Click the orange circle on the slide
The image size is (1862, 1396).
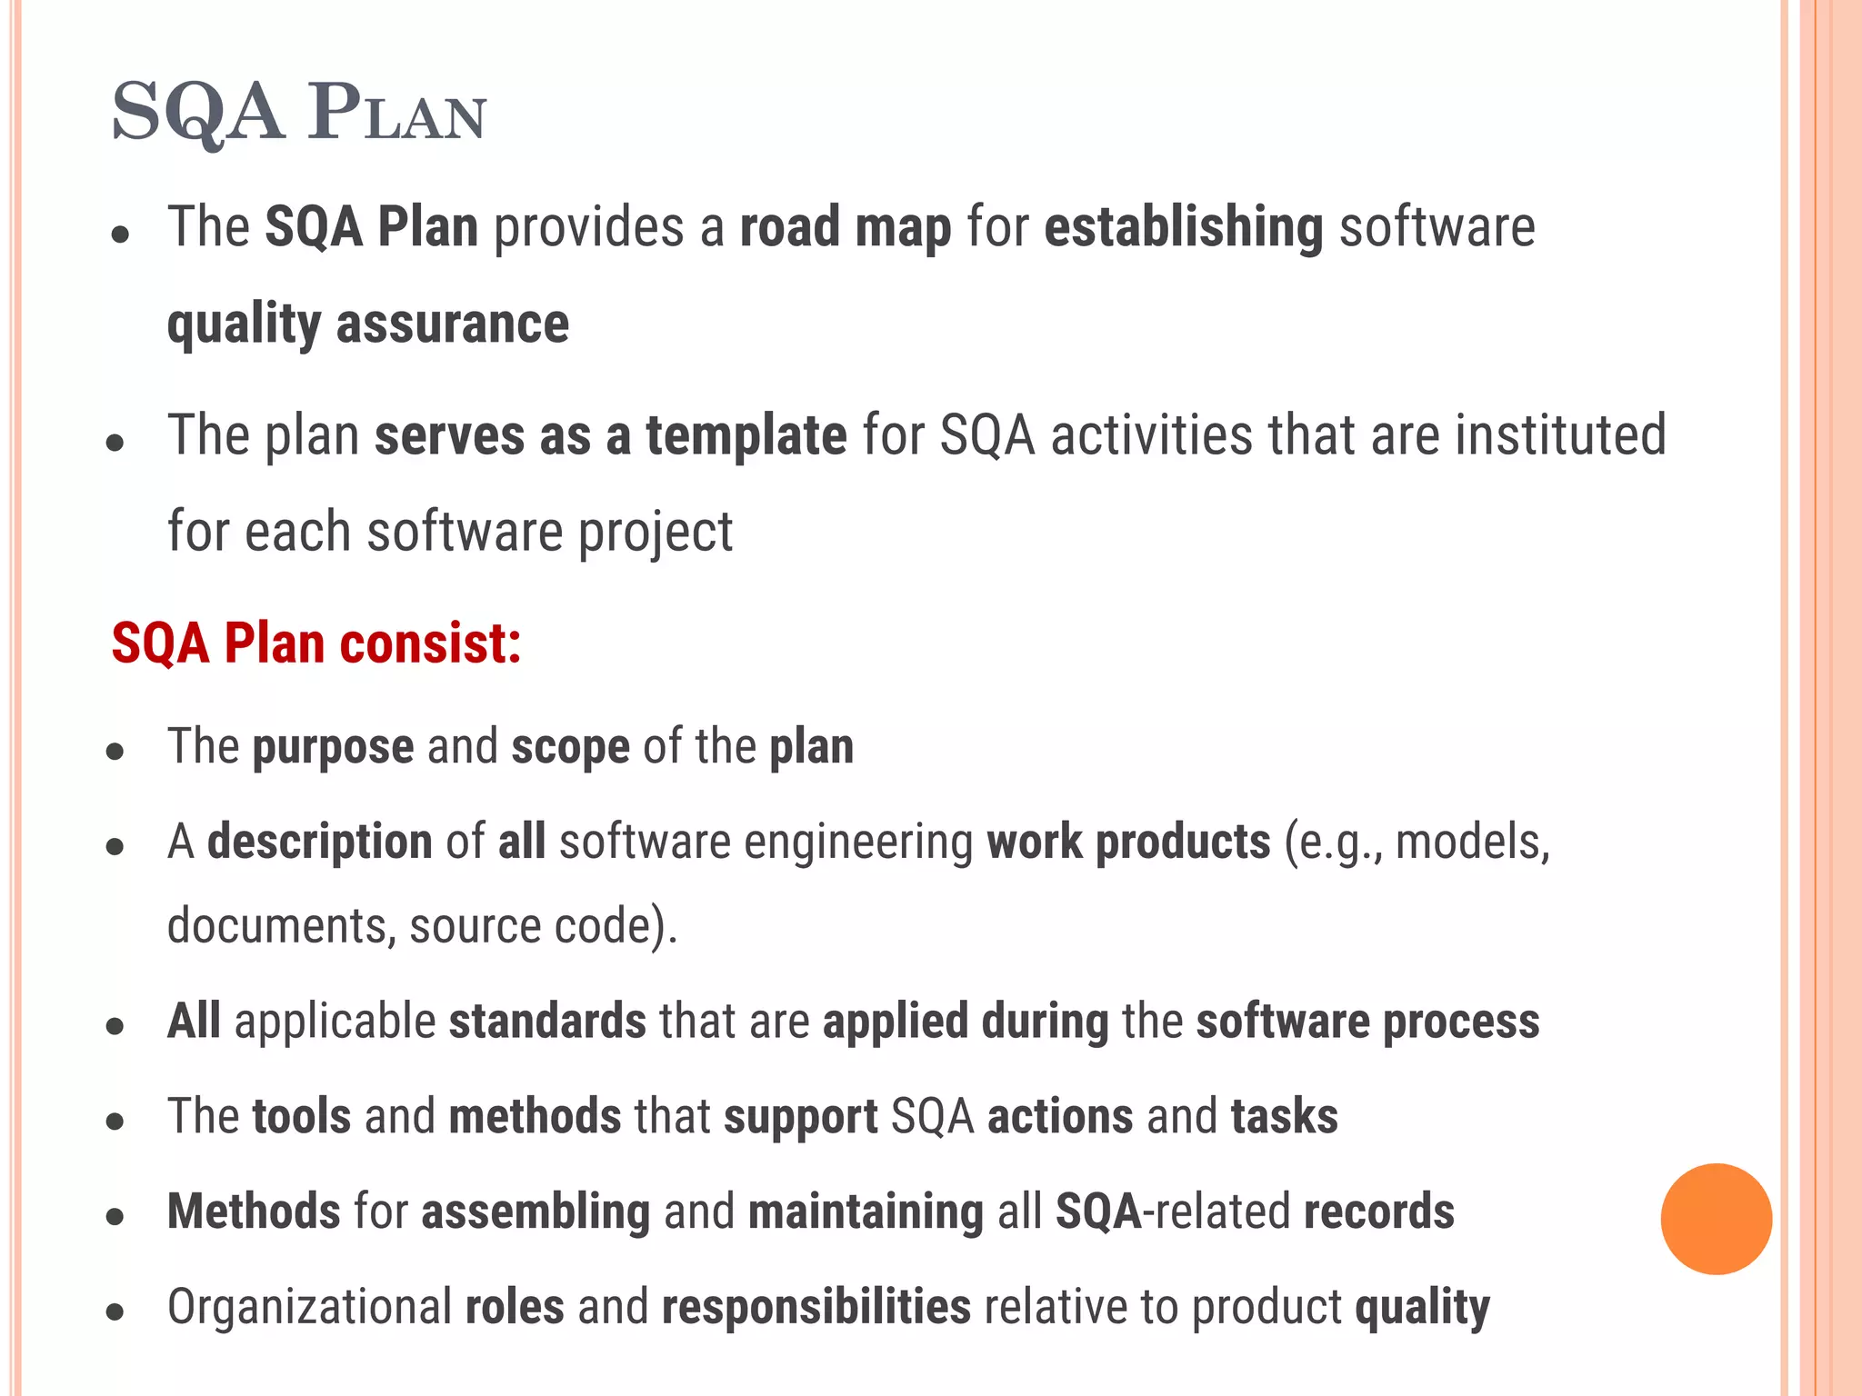(x=1716, y=1219)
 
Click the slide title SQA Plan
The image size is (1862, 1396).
(x=299, y=113)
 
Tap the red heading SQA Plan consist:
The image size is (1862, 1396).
(x=316, y=643)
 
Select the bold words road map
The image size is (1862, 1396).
(x=846, y=227)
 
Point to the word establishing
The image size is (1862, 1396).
(x=1184, y=227)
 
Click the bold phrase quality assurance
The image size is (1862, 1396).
(x=368, y=324)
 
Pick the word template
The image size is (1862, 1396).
(x=746, y=435)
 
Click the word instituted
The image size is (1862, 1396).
(x=1560, y=435)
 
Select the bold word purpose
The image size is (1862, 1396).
(x=333, y=747)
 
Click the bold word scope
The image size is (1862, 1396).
(x=570, y=747)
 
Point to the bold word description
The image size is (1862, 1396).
(x=320, y=842)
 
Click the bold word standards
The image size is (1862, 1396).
(x=547, y=1022)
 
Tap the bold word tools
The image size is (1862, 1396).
(x=302, y=1117)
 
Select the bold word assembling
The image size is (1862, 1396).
(x=536, y=1212)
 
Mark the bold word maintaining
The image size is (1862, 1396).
(x=866, y=1212)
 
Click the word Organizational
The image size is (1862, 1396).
(x=309, y=1308)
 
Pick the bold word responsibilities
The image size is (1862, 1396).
(x=816, y=1308)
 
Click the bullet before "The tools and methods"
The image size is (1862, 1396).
(x=115, y=1122)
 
